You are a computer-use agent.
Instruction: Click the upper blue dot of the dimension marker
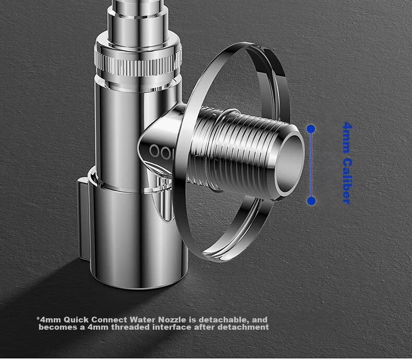(311, 129)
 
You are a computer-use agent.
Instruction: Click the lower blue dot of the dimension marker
(311, 201)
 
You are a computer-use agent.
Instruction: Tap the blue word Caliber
(347, 181)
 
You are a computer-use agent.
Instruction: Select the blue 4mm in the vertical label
(347, 137)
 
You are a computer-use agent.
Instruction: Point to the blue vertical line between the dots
(311, 165)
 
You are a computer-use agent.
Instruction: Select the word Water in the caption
(143, 320)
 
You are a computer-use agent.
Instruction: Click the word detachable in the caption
(223, 320)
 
